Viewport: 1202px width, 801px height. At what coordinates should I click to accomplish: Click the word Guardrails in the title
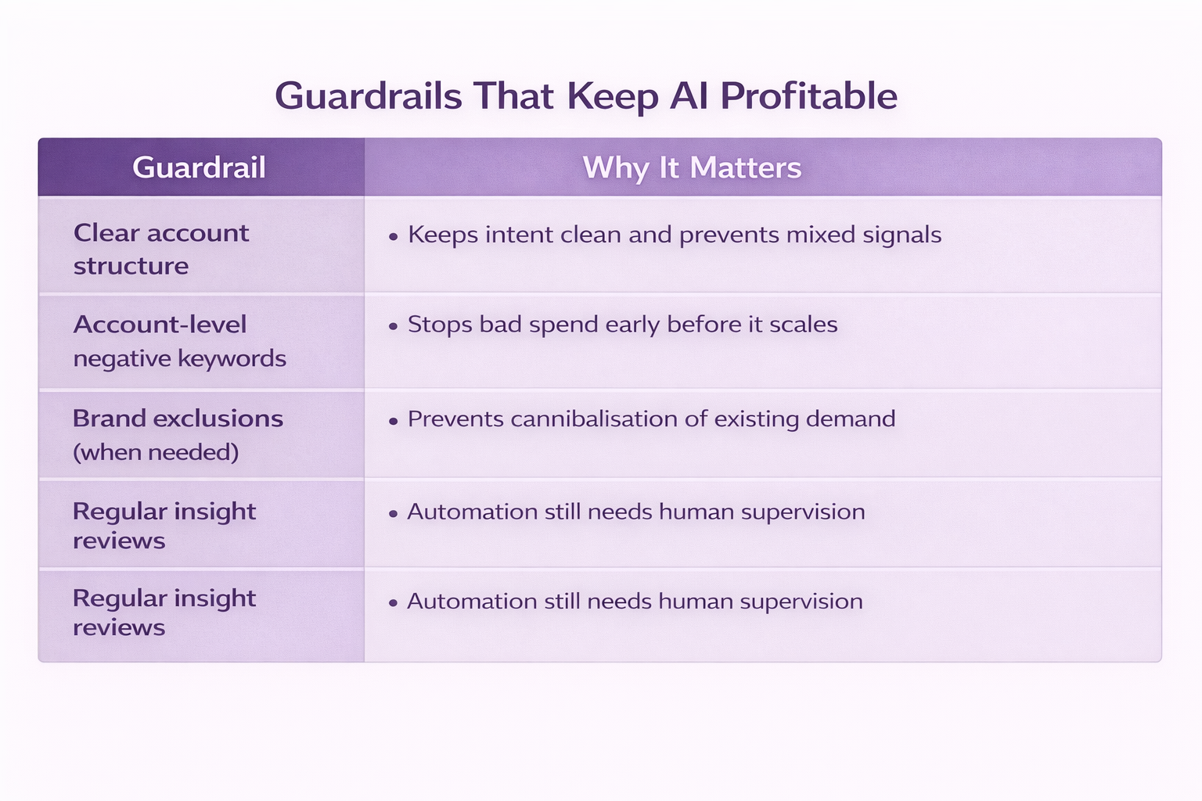point(368,96)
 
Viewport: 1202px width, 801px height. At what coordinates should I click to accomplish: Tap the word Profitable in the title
point(808,96)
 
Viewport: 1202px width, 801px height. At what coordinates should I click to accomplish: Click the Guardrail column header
point(199,167)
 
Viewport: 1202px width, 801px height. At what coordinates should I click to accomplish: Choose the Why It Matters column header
point(693,167)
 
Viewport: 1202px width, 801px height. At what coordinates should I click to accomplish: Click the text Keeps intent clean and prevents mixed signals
point(675,235)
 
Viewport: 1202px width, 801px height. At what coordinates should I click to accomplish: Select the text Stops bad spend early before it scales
point(622,325)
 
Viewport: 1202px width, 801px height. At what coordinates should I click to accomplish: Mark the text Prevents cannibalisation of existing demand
point(651,419)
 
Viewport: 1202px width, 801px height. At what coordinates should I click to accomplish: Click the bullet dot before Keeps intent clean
point(394,236)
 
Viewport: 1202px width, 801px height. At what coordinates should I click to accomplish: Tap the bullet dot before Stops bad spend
point(394,326)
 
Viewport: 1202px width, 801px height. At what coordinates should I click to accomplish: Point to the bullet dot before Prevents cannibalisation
point(394,421)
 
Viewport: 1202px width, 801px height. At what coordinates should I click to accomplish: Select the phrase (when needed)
point(156,452)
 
